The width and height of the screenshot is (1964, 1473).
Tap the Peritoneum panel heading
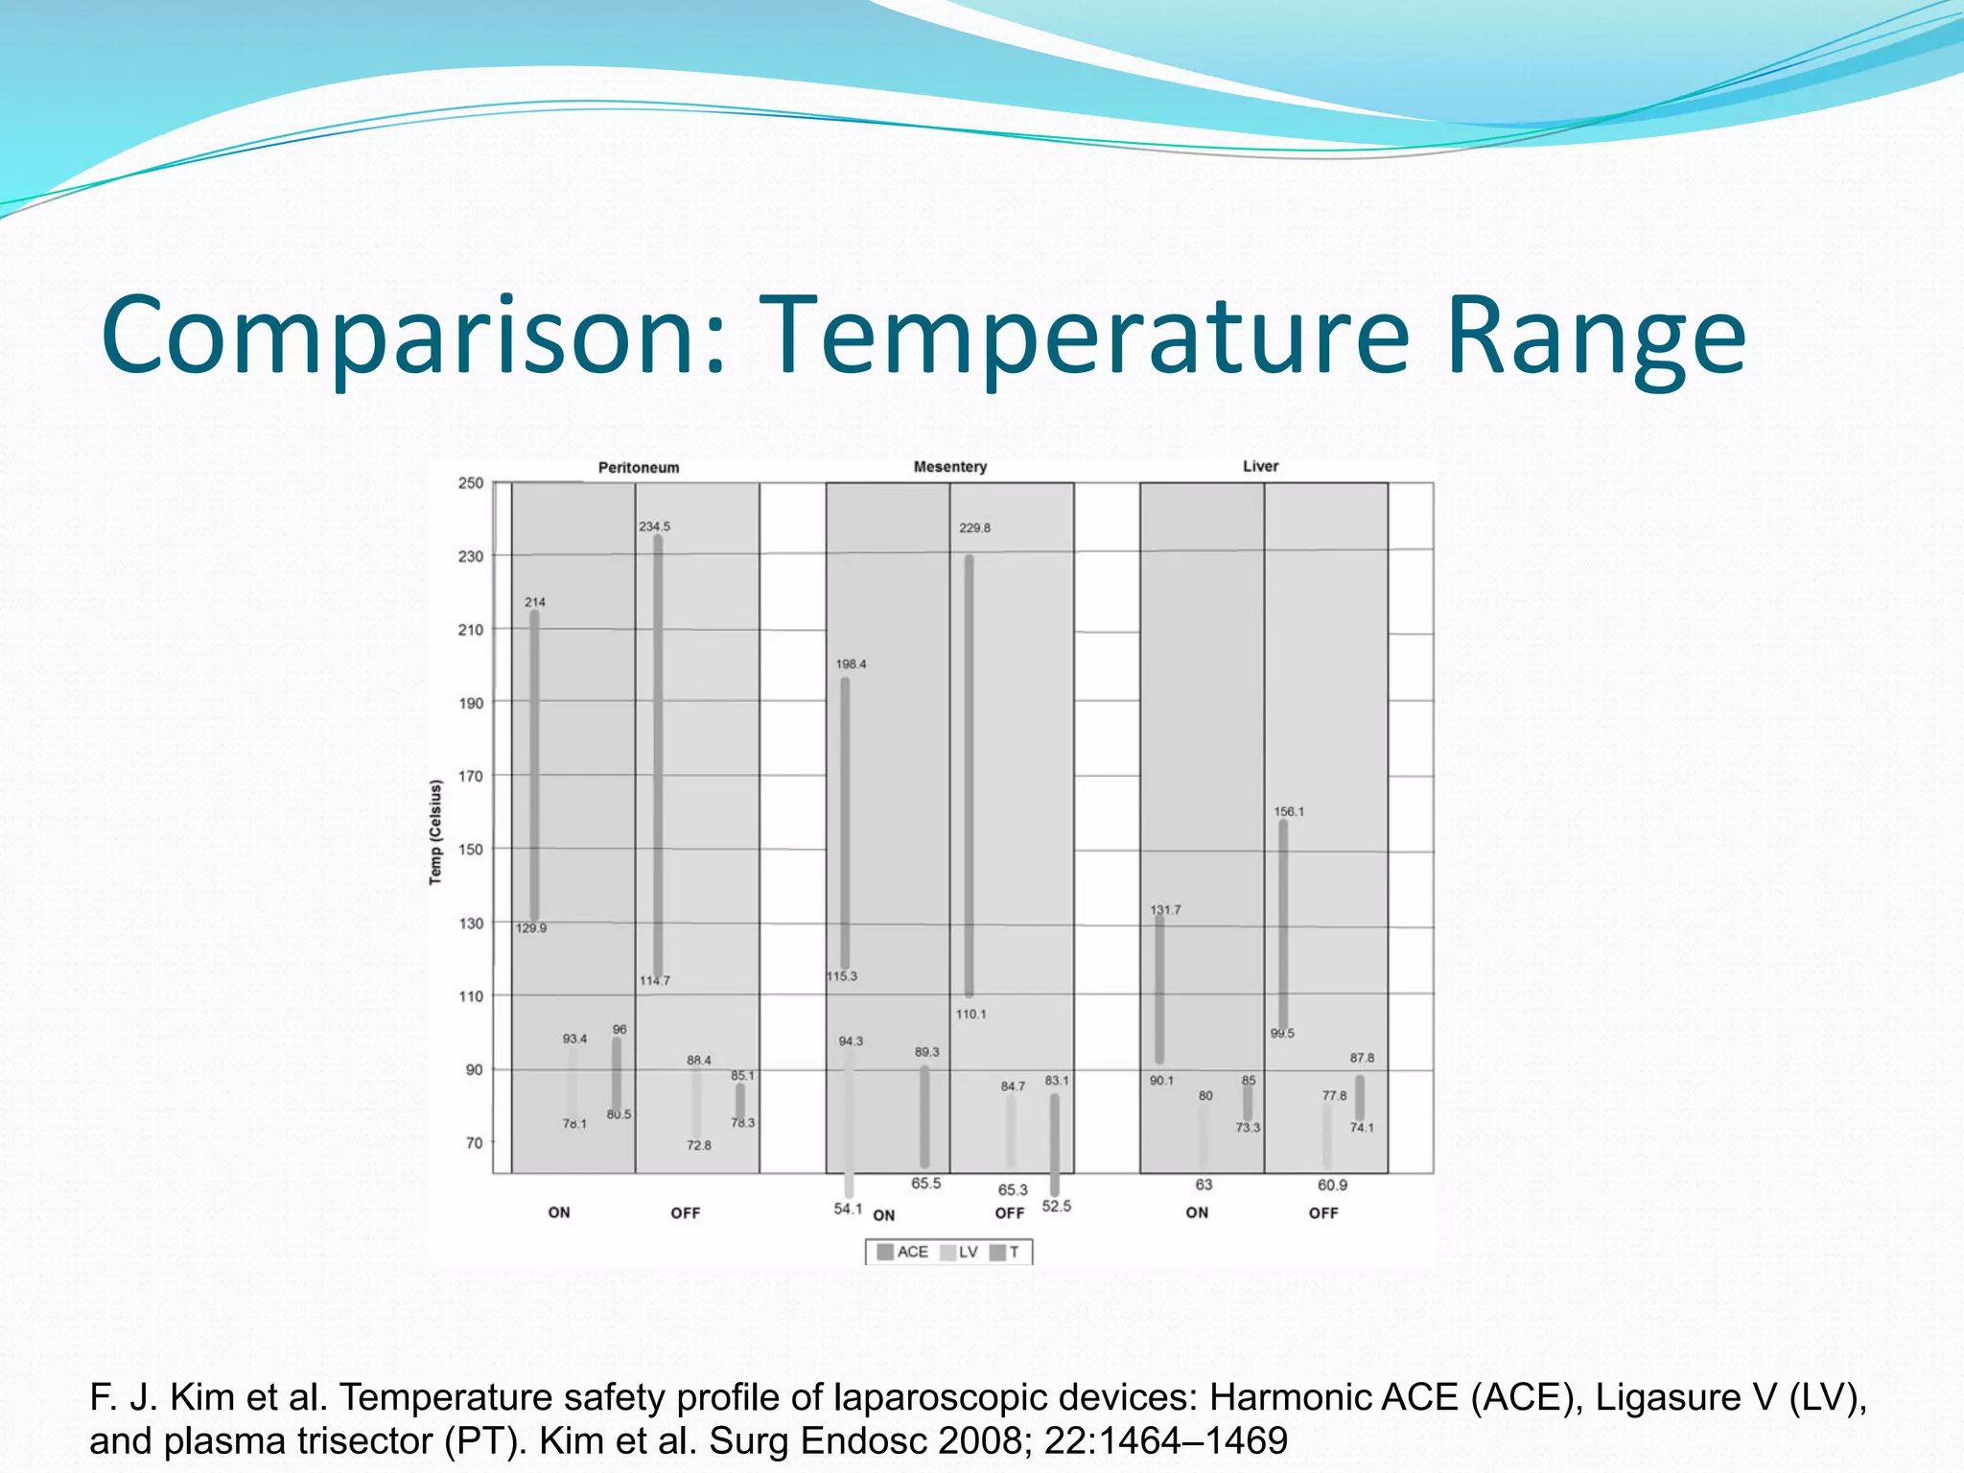click(x=639, y=468)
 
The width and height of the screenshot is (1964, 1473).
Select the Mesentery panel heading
click(x=949, y=467)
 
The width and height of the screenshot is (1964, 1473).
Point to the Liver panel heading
click(x=1260, y=466)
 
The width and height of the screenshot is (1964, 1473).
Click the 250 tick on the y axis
click(x=471, y=483)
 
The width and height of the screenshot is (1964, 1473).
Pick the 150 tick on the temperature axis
click(x=471, y=850)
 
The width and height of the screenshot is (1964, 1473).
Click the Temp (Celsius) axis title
click(x=435, y=832)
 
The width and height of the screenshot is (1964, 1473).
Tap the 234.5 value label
click(x=655, y=526)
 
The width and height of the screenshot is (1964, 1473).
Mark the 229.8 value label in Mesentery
click(x=974, y=527)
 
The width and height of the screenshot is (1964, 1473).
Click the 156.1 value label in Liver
click(x=1288, y=811)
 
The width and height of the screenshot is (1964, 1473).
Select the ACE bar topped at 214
click(x=534, y=767)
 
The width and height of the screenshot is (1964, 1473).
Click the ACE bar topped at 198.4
click(x=845, y=825)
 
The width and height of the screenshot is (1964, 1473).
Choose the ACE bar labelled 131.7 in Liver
click(x=1159, y=988)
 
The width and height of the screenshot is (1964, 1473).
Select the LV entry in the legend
click(x=959, y=1251)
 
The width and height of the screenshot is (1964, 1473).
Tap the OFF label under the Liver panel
click(x=1322, y=1213)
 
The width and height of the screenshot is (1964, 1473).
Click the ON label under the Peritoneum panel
click(x=559, y=1212)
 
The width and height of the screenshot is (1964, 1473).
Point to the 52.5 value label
click(x=1056, y=1206)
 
